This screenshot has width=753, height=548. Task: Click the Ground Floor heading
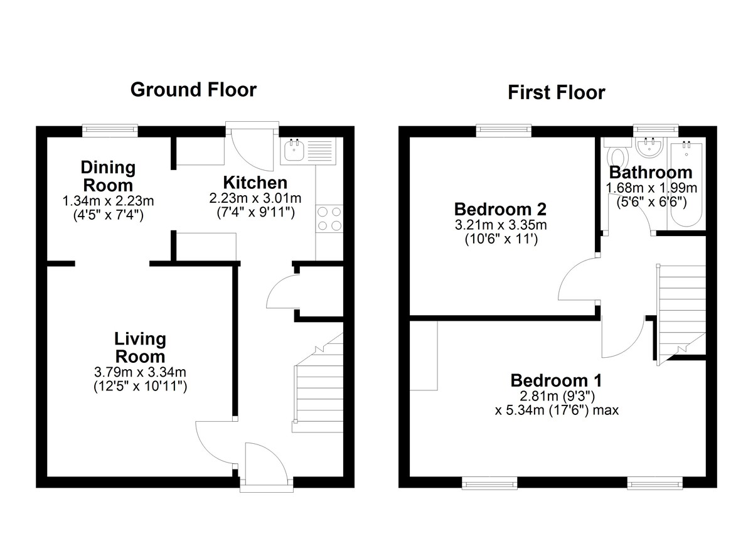click(193, 90)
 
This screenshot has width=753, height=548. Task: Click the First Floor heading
click(557, 92)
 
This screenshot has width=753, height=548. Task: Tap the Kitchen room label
click(255, 183)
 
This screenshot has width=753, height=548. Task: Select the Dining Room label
click(108, 176)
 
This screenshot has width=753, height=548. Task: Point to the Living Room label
click(140, 348)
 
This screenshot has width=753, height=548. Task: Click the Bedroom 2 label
click(500, 209)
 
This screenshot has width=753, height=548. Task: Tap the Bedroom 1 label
click(556, 380)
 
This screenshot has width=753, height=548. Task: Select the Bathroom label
click(651, 173)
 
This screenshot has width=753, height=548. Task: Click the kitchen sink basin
click(294, 150)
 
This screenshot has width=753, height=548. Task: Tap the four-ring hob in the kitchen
click(329, 218)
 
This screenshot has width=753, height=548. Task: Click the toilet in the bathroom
click(618, 154)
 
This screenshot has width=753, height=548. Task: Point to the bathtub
click(686, 185)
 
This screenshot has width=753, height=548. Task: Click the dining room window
click(110, 130)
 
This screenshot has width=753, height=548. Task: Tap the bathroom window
click(656, 129)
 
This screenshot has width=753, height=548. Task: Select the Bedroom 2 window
click(503, 130)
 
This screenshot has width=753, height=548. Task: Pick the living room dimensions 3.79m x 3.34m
click(140, 372)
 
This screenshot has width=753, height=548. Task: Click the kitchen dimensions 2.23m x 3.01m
click(255, 198)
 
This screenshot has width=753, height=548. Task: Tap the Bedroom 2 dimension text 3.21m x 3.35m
click(501, 225)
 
